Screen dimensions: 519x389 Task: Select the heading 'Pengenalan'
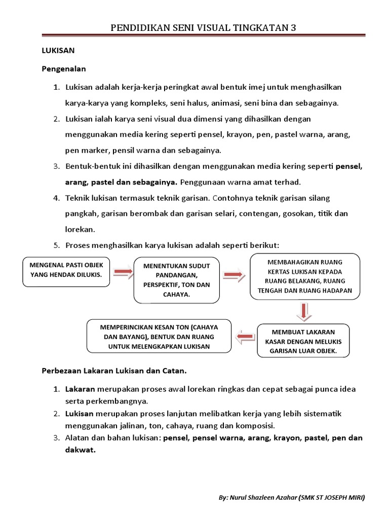[x=64, y=68]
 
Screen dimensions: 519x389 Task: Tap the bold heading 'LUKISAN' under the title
[x=58, y=51]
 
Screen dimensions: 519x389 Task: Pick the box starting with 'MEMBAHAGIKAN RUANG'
[x=305, y=277]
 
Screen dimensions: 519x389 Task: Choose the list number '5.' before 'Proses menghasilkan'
[x=57, y=245]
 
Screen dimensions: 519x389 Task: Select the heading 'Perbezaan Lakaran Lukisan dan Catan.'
[x=114, y=371]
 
